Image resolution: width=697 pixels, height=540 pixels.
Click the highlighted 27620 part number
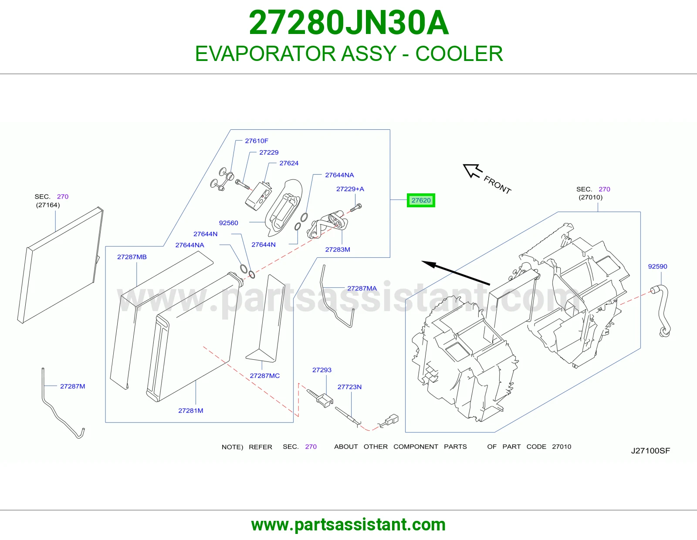point(421,200)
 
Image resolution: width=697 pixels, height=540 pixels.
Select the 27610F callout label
point(257,141)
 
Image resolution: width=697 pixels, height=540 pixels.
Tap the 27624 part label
point(289,163)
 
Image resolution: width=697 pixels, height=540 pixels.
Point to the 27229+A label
point(350,189)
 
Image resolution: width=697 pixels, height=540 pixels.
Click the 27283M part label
point(338,250)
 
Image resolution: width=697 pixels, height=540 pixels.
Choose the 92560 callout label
point(228,223)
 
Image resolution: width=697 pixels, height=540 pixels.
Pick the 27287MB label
point(132,257)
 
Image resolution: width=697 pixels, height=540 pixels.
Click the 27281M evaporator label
point(190,411)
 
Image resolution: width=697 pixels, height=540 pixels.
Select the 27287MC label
point(264,375)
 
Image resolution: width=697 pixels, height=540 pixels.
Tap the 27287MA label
point(362,288)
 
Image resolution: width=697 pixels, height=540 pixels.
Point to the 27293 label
point(322,370)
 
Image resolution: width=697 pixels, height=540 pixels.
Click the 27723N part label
point(349,387)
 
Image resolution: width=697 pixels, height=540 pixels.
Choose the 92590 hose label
point(657,267)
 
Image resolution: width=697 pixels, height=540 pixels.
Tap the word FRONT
point(497,185)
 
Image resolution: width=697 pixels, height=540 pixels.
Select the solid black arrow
point(456,273)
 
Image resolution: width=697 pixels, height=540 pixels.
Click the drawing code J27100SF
point(650,451)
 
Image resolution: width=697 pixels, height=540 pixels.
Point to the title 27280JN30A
point(348,23)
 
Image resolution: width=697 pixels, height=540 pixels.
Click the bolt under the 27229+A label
point(356,207)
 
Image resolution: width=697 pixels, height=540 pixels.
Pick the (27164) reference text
point(48,205)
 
